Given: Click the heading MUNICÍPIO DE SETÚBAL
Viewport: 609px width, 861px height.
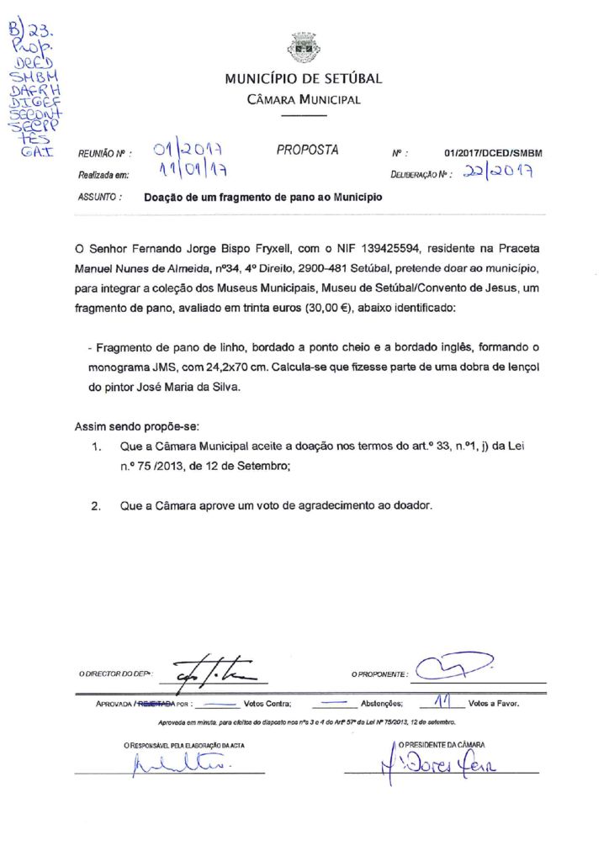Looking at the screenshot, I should click(303, 80).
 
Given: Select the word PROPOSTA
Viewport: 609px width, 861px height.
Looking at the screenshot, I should click(308, 151).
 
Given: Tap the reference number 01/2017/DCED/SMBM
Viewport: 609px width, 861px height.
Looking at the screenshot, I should click(493, 153).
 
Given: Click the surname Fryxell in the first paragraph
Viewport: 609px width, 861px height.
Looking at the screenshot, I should click(262, 249).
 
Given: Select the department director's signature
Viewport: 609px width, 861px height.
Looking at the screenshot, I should click(207, 671).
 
